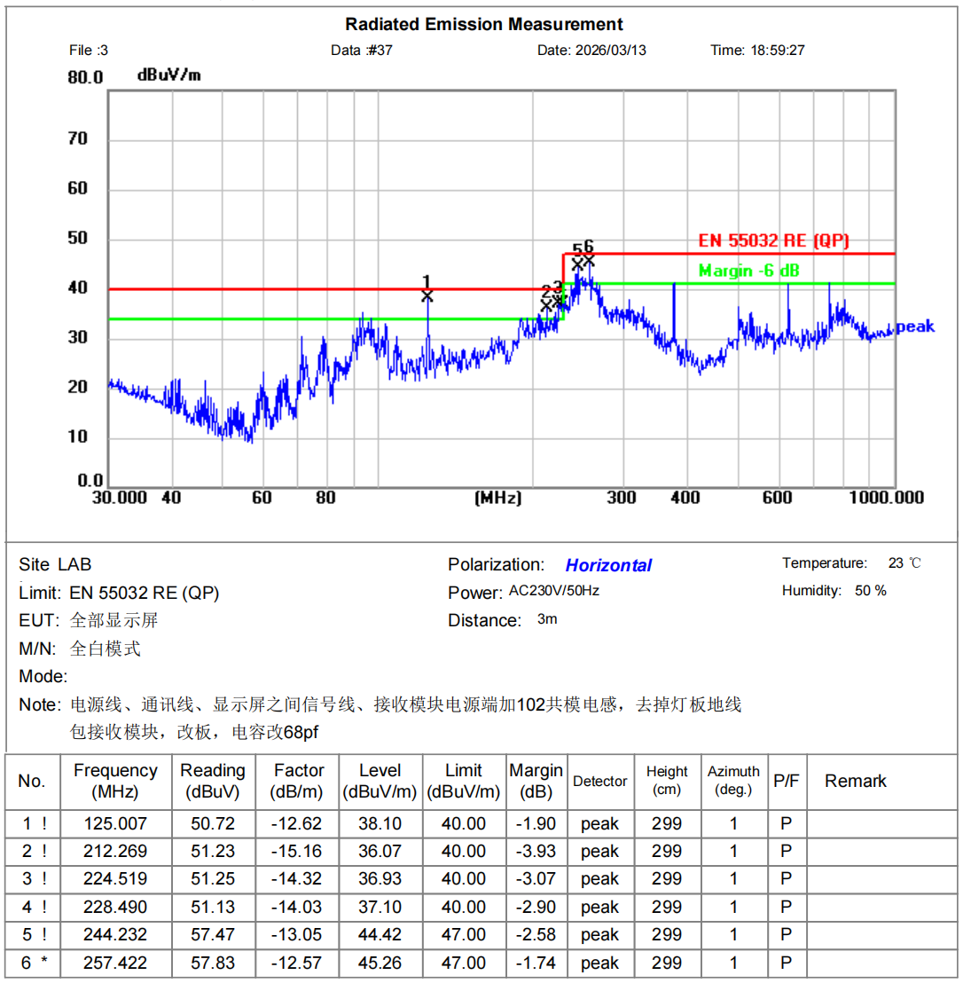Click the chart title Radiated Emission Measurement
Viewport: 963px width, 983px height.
484,24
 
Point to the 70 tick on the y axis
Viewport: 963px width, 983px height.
78,138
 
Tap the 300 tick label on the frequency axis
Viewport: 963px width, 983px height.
622,497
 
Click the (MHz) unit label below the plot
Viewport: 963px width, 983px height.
498,498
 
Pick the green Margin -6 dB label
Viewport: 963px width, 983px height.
749,271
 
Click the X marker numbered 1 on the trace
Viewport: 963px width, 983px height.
427,296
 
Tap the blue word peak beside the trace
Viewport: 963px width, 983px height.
915,326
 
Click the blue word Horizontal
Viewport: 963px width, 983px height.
608,565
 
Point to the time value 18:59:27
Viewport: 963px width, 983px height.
779,50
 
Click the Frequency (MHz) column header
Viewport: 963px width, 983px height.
115,781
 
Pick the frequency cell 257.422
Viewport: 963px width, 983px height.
115,963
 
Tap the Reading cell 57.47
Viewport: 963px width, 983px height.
213,934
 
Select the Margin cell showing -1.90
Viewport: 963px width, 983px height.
536,823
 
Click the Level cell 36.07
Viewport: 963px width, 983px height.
380,851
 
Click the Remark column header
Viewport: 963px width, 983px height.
855,781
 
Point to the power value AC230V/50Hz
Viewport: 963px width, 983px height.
554,591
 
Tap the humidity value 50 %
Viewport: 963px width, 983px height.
870,591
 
